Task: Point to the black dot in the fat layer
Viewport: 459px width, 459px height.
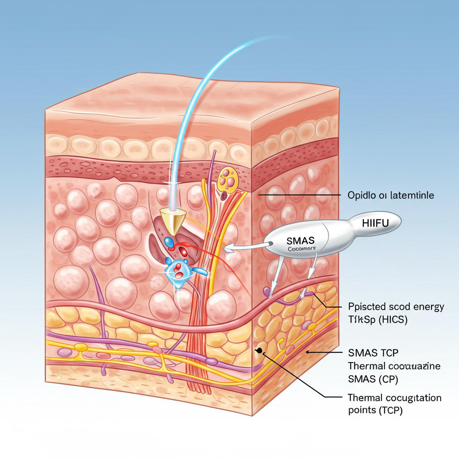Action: pyautogui.click(x=259, y=350)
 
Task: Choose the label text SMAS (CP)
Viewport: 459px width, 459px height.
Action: pyautogui.click(x=373, y=379)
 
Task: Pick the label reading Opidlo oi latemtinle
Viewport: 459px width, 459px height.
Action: pyautogui.click(x=390, y=195)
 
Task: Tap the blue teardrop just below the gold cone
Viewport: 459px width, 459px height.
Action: pyautogui.click(x=169, y=242)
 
